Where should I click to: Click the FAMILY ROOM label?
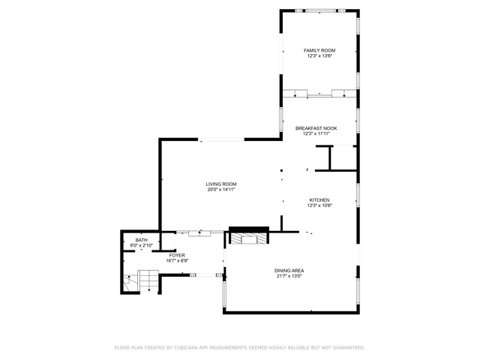pyautogui.click(x=319, y=50)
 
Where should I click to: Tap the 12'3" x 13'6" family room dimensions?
pyautogui.click(x=319, y=56)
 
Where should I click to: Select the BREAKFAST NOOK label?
pyautogui.click(x=316, y=128)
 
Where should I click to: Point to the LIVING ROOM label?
pyautogui.click(x=221, y=184)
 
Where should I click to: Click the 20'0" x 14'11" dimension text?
pyautogui.click(x=221, y=190)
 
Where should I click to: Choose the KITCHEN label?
pyautogui.click(x=319, y=200)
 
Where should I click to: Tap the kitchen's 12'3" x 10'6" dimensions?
pyautogui.click(x=319, y=205)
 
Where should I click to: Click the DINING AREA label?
pyautogui.click(x=289, y=271)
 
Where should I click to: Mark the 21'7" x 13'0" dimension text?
pyautogui.click(x=289, y=276)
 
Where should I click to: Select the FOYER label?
pyautogui.click(x=177, y=255)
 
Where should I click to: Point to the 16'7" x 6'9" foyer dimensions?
pyautogui.click(x=177, y=261)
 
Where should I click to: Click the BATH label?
pyautogui.click(x=141, y=240)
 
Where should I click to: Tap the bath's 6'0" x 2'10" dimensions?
pyautogui.click(x=141, y=245)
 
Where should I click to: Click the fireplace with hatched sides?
pyautogui.click(x=248, y=238)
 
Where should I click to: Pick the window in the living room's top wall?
pyautogui.click(x=221, y=139)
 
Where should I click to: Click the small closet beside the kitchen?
pyautogui.click(x=343, y=158)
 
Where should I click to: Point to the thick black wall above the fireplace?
pyautogui.click(x=248, y=229)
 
